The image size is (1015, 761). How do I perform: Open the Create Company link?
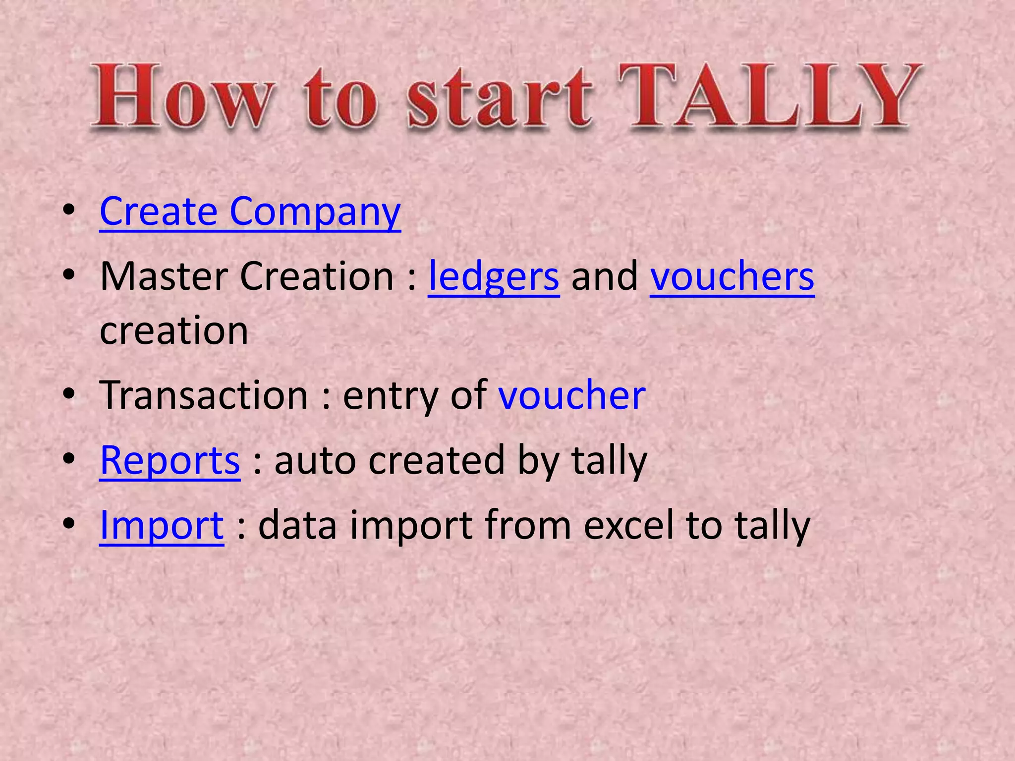(250, 212)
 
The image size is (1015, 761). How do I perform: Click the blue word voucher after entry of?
(572, 395)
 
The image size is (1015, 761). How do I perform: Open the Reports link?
(170, 460)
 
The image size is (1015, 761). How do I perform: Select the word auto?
(315, 460)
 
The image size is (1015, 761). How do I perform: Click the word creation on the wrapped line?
(174, 330)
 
